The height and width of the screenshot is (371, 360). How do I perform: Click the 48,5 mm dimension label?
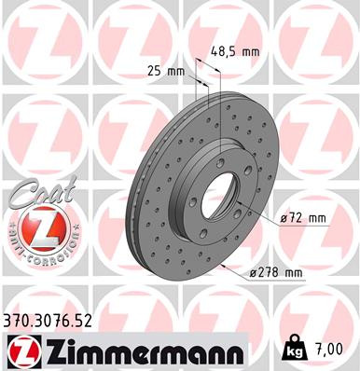click(x=234, y=52)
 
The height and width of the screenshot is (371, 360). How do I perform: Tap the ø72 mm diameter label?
click(x=304, y=218)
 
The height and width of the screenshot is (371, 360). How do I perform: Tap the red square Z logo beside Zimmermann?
click(x=18, y=350)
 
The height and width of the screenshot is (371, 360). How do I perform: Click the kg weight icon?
click(x=293, y=350)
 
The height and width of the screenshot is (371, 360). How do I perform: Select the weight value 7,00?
click(x=330, y=350)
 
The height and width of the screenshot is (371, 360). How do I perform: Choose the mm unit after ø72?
click(x=317, y=218)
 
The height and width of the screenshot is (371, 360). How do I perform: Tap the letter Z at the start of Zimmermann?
click(x=44, y=350)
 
